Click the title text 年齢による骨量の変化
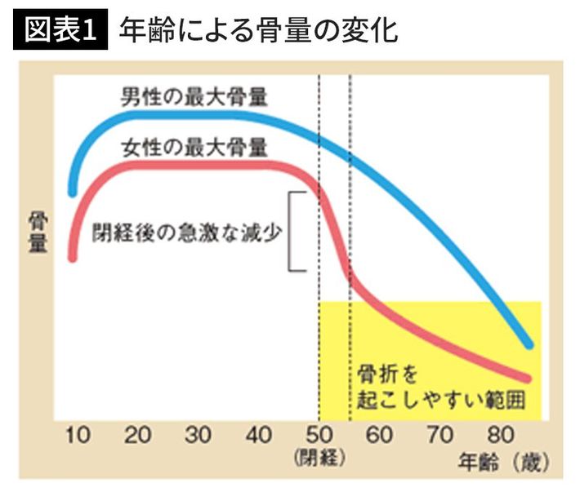point(258,30)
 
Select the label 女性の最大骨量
point(194,148)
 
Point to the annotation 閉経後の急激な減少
point(188,230)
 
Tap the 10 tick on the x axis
point(78,436)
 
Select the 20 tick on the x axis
point(137,436)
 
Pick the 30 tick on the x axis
point(198,436)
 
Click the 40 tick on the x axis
point(258,436)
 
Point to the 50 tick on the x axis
point(319,436)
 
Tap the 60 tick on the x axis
point(379,436)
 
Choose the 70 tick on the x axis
point(439,436)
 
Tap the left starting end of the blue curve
point(73,193)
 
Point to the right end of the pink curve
point(529,378)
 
